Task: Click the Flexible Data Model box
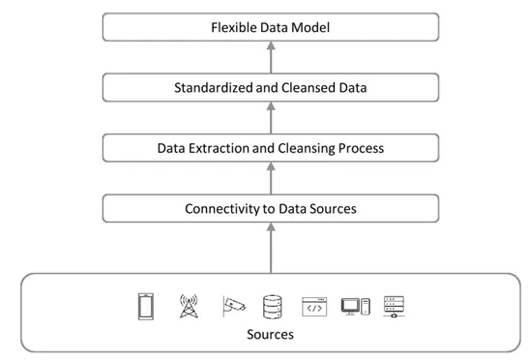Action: tap(271, 27)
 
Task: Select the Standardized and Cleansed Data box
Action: tap(271, 88)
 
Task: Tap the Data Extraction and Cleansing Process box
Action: tap(271, 148)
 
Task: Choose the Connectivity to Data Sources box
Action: tap(271, 208)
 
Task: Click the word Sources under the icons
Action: tap(271, 334)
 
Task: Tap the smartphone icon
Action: tap(145, 306)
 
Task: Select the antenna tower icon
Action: tap(187, 306)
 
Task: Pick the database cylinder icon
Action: tap(272, 306)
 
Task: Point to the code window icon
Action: tap(314, 306)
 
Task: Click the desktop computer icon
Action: tap(355, 306)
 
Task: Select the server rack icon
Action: tap(394, 306)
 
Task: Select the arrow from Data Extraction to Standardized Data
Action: tap(271, 118)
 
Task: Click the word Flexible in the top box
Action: tap(234, 27)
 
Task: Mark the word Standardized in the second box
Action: tap(213, 88)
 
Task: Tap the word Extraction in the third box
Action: tap(220, 148)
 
